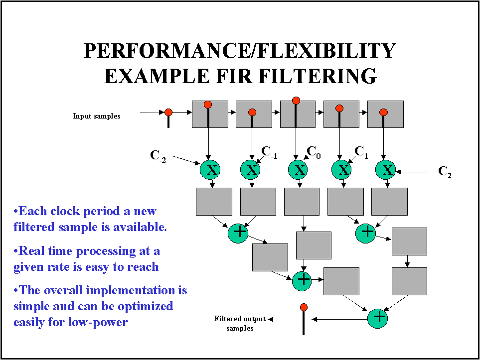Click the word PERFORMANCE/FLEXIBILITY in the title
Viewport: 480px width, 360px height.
point(240,51)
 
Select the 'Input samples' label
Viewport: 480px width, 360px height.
point(96,116)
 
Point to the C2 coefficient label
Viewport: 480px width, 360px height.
point(445,172)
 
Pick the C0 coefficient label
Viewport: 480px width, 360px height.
point(314,151)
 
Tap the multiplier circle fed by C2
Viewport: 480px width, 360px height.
point(386,170)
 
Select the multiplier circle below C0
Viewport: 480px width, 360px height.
point(299,170)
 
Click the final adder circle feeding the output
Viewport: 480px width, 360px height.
point(379,317)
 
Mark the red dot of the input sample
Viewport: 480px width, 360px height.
point(168,112)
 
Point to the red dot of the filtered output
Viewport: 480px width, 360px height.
point(304,307)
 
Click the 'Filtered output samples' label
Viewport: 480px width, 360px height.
point(240,323)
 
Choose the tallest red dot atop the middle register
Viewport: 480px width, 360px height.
point(296,101)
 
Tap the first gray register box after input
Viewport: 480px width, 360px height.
point(210,115)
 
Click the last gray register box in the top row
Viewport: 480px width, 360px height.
point(385,115)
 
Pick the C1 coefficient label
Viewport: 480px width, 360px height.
point(361,151)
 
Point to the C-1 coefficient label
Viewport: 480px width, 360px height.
point(269,152)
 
